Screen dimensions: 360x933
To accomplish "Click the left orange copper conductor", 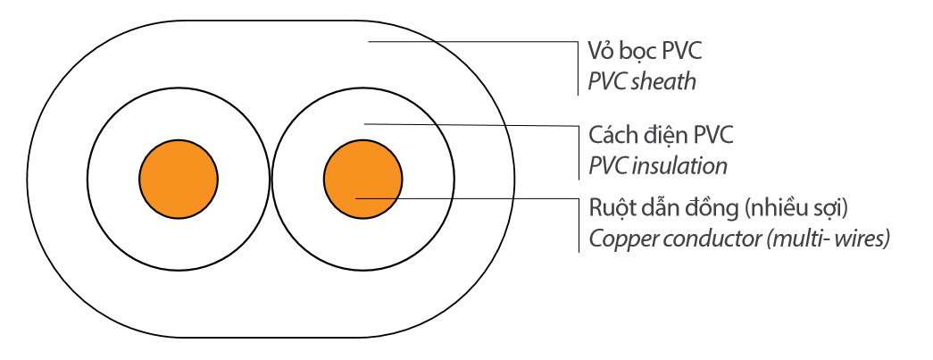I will tap(179, 178).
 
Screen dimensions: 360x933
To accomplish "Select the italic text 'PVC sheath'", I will tap(642, 82).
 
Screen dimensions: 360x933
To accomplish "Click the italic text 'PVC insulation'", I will tap(658, 166).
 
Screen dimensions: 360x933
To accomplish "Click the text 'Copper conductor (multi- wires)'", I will tap(739, 239).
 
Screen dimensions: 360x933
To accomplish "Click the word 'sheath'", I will tap(663, 82).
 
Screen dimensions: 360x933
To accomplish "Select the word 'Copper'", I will tap(619, 240).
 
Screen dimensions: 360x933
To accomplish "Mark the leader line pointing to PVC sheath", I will tap(473, 41).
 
